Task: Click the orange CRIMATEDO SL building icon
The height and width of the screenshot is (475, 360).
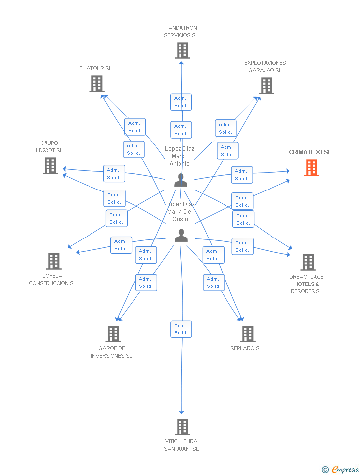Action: (x=312, y=168)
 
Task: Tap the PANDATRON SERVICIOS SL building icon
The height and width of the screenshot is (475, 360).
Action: (x=182, y=50)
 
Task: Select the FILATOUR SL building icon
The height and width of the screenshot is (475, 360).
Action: (x=97, y=84)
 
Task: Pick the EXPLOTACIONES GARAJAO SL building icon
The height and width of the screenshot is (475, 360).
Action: (x=267, y=86)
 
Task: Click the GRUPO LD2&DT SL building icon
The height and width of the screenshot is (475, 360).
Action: (x=50, y=166)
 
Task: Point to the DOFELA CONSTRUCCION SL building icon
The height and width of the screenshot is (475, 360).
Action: (x=53, y=261)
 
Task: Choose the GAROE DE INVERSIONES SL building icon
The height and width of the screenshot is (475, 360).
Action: (x=113, y=334)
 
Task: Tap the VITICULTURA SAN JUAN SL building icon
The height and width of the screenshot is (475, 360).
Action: (x=182, y=427)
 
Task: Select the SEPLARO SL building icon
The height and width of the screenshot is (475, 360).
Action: (x=248, y=334)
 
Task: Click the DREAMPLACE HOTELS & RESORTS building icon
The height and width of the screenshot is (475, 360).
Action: (x=308, y=262)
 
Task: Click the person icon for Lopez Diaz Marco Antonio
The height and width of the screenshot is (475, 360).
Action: (x=181, y=180)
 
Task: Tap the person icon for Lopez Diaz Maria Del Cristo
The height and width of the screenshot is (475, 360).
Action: (x=181, y=236)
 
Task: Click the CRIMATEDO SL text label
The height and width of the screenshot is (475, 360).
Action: (x=310, y=152)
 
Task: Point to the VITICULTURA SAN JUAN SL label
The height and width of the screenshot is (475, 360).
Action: (x=181, y=445)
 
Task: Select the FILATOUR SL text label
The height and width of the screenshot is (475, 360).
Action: (x=95, y=68)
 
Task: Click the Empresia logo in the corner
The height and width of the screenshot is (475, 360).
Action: (x=340, y=469)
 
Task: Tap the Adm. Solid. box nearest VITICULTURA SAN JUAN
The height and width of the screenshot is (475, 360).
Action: (x=181, y=329)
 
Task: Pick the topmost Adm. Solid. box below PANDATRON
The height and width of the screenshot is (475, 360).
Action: (x=181, y=102)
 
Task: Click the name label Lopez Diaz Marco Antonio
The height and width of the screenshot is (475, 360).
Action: (x=180, y=156)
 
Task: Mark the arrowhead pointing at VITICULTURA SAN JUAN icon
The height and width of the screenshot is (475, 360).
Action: (x=181, y=412)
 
